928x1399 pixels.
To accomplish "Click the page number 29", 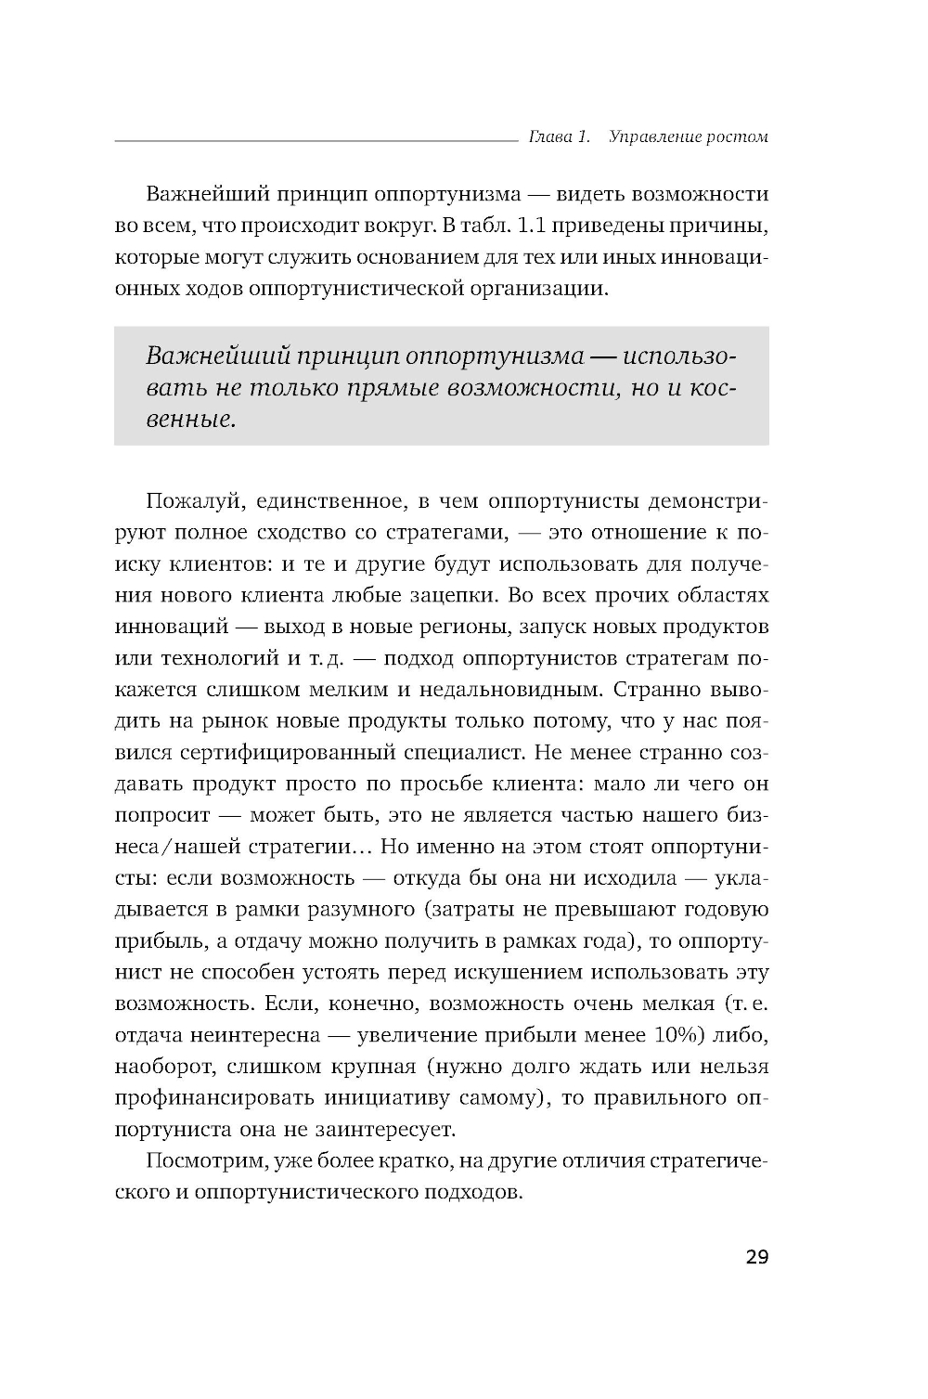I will coord(756,1258).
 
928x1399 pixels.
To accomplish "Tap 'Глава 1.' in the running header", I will coord(559,137).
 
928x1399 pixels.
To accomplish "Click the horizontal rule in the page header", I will coord(316,141).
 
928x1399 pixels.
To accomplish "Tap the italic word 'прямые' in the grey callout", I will coord(396,388).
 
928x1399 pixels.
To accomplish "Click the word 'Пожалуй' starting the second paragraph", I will coord(181,502).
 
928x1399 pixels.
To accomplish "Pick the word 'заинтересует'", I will coord(398,1130).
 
